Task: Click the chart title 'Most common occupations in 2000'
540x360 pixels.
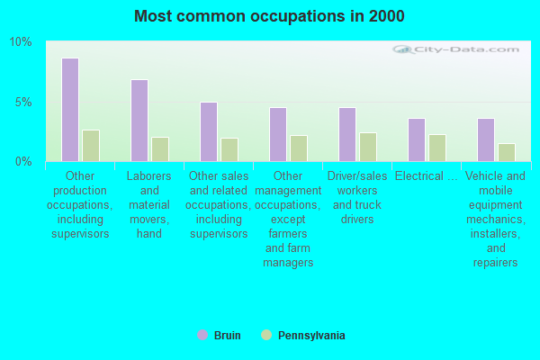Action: [269, 16]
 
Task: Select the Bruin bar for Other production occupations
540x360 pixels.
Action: [70, 110]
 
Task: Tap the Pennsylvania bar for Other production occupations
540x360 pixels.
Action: [91, 146]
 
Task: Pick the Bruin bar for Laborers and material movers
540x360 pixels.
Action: [139, 121]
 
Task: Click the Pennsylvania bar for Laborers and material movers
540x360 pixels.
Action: [160, 149]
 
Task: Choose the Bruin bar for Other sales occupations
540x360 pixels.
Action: [209, 131]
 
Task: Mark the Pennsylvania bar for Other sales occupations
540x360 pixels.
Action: [229, 149]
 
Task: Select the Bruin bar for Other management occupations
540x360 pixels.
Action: [278, 134]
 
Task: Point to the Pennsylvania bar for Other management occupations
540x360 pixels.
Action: [299, 148]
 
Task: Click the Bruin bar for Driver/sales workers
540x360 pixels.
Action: [347, 134]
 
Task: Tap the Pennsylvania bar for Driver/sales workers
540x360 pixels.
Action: [368, 147]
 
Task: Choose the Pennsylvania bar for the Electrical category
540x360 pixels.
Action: [437, 148]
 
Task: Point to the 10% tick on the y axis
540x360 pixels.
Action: [21, 42]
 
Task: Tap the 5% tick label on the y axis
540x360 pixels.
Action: [23, 102]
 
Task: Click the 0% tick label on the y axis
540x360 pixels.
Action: [23, 161]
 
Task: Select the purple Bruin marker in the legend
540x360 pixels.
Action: [202, 335]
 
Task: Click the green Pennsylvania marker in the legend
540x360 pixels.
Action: [266, 335]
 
